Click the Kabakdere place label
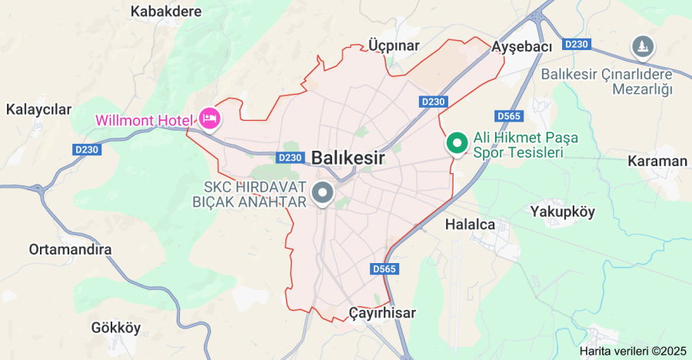pos(166,12)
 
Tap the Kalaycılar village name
pos(38,109)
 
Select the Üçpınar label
pos(394,45)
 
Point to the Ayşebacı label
pos(522,47)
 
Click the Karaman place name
pos(657,162)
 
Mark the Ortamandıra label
pos(70,250)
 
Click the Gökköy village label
pos(116,328)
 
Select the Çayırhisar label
pos(382,313)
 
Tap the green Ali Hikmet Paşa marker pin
pos(458,143)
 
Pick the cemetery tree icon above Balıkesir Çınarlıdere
pos(641,47)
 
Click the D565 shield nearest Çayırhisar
pos(384,268)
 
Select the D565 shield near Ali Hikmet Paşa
pos(509,116)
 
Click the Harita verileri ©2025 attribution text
pos(633,351)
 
